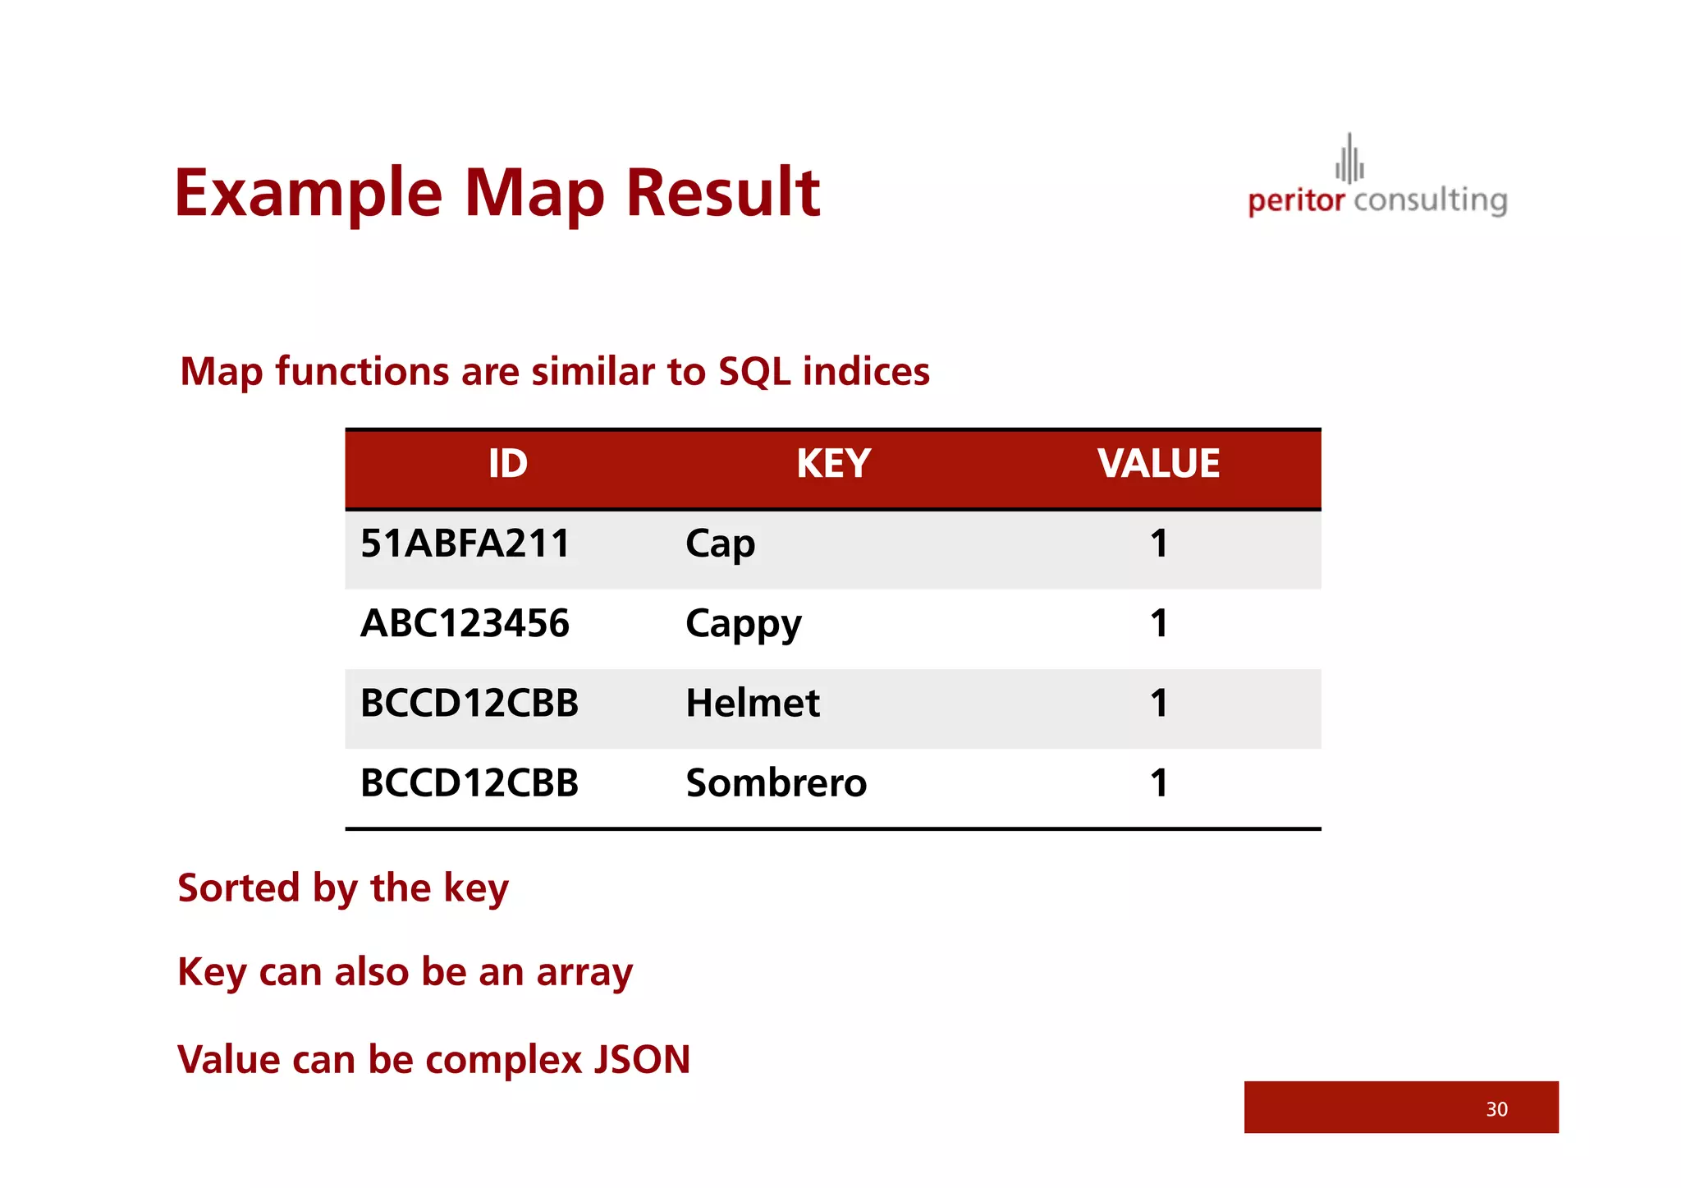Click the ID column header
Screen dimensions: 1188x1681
tap(507, 464)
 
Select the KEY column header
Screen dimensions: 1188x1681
tap(833, 464)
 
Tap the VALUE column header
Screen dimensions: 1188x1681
tap(1158, 464)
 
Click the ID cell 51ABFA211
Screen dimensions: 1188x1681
tap(465, 544)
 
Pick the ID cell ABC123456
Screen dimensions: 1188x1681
tap(465, 623)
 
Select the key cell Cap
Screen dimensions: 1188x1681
tap(720, 544)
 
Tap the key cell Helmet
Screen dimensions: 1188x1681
tap(752, 704)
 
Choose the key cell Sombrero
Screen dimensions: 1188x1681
tap(776, 783)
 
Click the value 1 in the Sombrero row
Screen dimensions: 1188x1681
tap(1158, 783)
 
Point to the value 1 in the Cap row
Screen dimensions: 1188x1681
tap(1158, 544)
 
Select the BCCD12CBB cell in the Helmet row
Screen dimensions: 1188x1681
tap(469, 704)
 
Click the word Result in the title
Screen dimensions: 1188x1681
tap(722, 193)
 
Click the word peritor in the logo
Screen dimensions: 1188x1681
tap(1295, 201)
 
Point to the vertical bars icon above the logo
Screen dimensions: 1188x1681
tap(1349, 159)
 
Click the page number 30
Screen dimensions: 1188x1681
tap(1496, 1109)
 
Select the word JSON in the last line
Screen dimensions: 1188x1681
tap(641, 1059)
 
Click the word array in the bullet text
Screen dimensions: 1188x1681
tap(584, 973)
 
